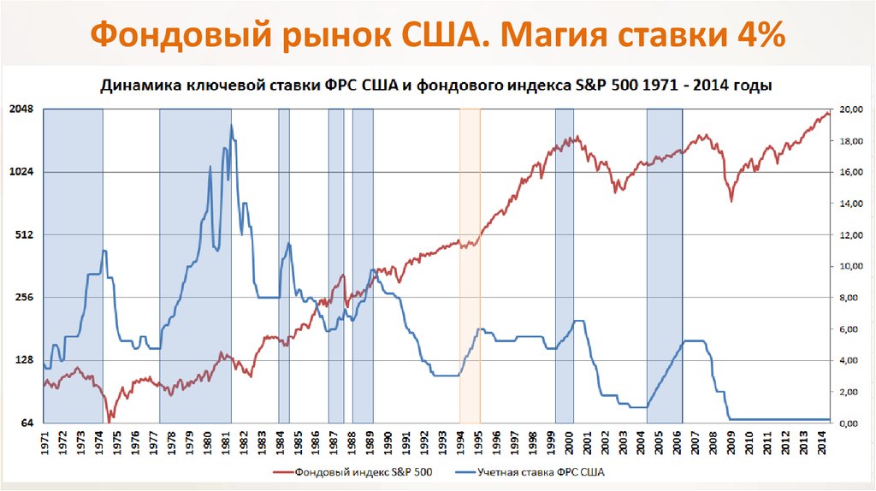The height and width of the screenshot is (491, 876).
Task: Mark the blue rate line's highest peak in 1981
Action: click(231, 126)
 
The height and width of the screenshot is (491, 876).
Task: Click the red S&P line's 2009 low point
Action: click(731, 201)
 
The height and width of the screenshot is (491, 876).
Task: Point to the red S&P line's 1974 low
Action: click(109, 420)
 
